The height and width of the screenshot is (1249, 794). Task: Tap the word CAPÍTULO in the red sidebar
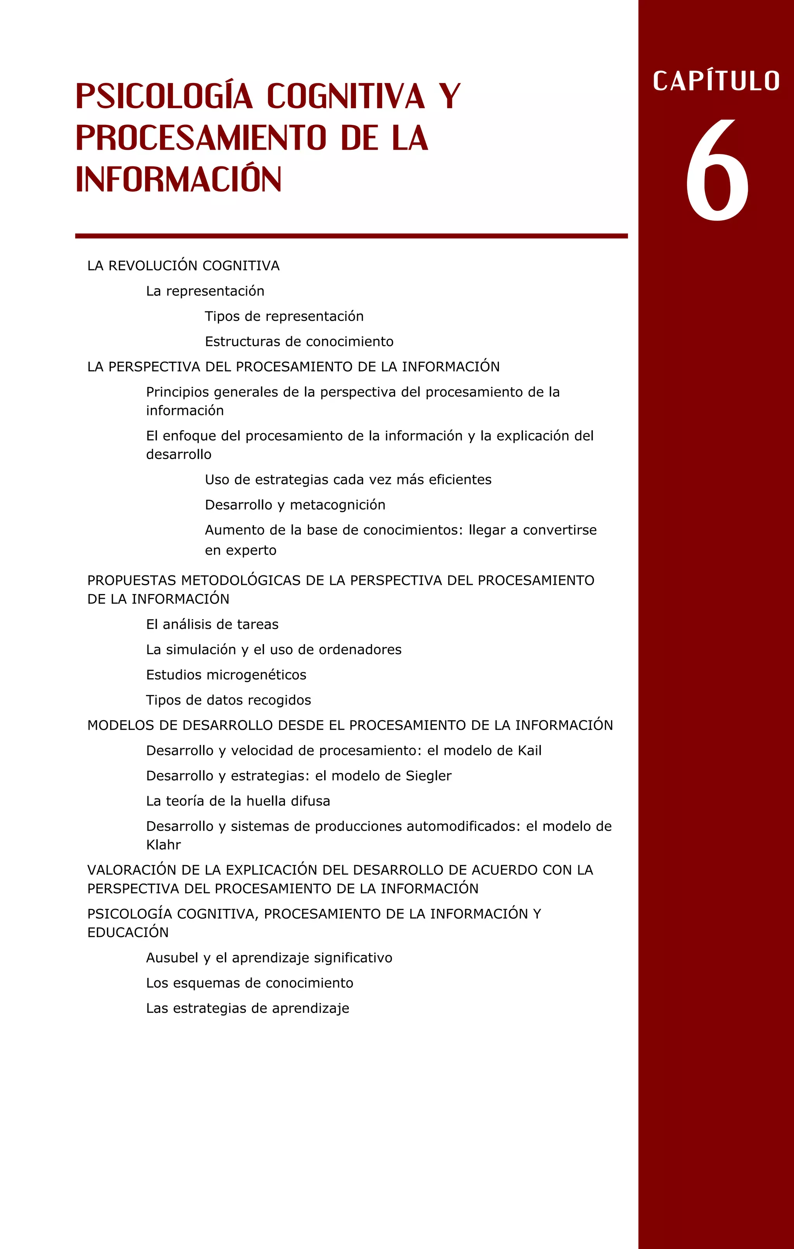pos(716,81)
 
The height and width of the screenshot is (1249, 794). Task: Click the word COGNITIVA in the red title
pos(346,97)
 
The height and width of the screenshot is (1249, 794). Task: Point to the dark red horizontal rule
pos(351,236)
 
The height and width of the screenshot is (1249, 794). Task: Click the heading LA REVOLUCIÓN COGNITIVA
pos(183,266)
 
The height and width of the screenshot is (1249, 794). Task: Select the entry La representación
pos(205,291)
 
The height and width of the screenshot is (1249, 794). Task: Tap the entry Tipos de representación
pos(284,316)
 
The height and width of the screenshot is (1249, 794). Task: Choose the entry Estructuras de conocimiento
pos(299,342)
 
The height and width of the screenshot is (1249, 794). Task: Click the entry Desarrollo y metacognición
pos(295,505)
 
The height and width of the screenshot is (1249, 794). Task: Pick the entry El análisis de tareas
pos(212,624)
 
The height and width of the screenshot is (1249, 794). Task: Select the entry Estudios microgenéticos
pos(226,675)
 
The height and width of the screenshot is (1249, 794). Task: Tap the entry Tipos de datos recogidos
pos(228,700)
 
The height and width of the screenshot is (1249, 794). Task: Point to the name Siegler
pos(428,776)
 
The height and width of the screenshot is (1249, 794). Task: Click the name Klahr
pos(163,845)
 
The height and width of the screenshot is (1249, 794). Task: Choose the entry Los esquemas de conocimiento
pos(249,983)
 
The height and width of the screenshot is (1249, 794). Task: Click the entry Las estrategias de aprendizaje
pos(247,1008)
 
